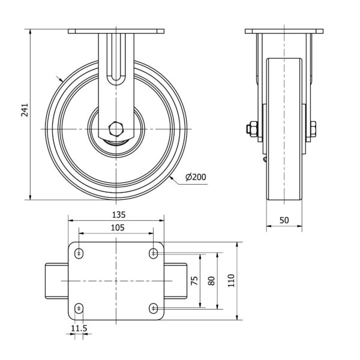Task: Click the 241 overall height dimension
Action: click(x=25, y=110)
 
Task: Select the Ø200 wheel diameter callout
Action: click(x=196, y=177)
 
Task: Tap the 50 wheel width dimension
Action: click(x=284, y=220)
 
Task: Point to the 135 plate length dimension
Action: click(x=119, y=215)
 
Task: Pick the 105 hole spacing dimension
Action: click(x=118, y=227)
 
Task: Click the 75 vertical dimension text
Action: click(x=194, y=281)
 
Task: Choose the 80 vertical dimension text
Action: click(x=211, y=281)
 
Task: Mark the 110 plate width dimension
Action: click(x=231, y=281)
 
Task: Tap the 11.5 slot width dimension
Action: click(x=79, y=328)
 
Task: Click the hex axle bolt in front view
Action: click(x=116, y=129)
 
